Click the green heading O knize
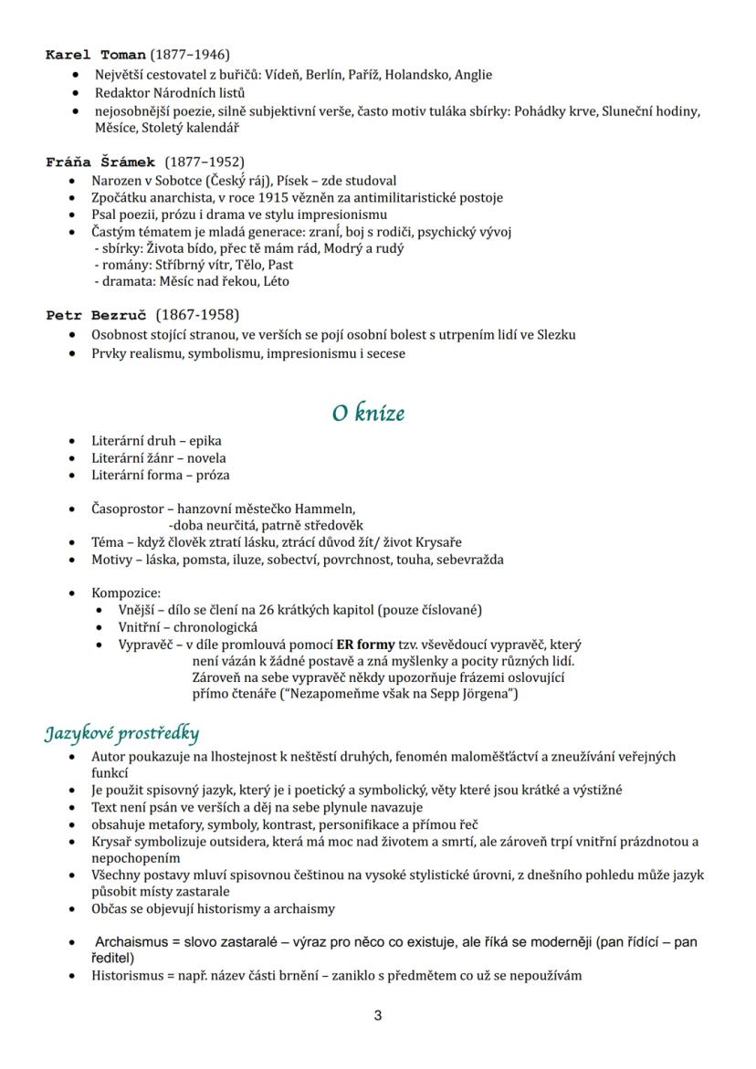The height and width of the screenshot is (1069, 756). tap(368, 414)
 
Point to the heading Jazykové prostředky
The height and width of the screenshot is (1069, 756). tap(122, 733)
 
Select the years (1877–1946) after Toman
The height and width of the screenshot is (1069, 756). tap(190, 55)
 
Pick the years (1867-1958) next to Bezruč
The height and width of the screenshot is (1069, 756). tap(197, 316)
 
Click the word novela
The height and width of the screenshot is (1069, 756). tap(206, 458)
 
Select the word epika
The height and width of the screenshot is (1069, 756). tap(205, 441)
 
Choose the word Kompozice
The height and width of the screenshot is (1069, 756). tap(126, 592)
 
